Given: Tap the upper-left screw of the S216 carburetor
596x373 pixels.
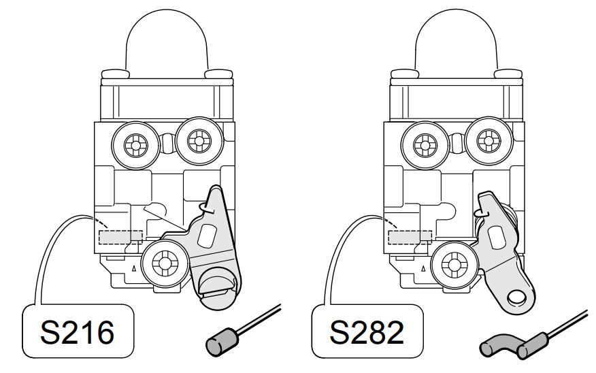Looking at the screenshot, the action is [135, 145].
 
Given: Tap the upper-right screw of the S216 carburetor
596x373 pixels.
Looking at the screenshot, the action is [199, 141].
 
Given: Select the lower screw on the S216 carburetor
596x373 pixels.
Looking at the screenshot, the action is [165, 263].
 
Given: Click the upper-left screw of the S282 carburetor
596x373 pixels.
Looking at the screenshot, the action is [425, 145].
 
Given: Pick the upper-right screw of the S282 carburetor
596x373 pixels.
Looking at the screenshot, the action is [489, 141].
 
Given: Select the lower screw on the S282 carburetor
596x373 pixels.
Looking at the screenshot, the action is [454, 264].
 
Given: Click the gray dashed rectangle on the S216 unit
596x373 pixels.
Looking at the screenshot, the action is [120, 237].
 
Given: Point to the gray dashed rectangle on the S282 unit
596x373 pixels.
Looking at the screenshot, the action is [410, 237].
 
